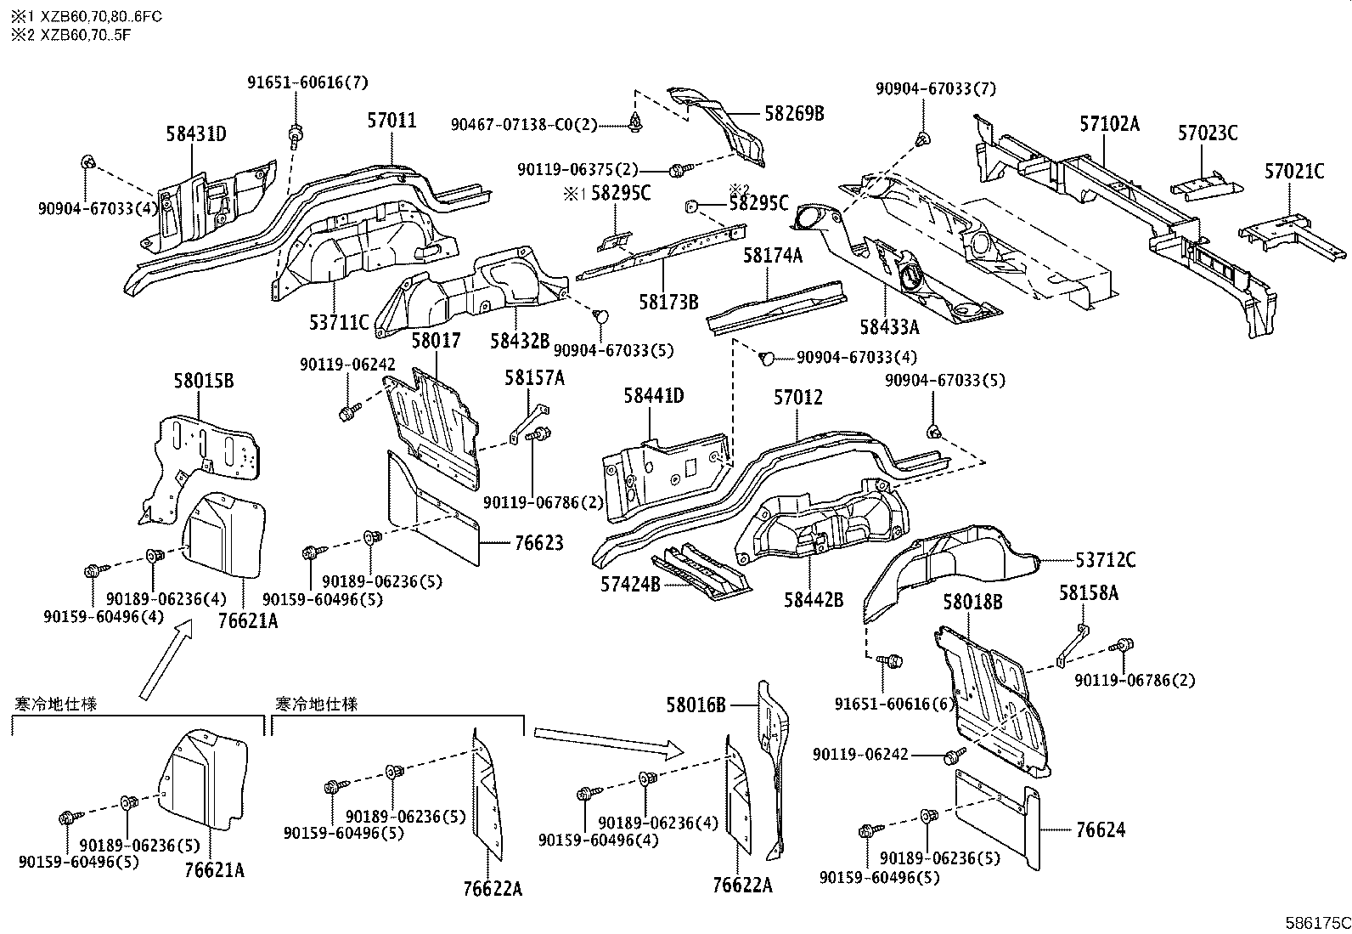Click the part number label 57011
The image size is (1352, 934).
[392, 121]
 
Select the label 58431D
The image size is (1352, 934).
[195, 133]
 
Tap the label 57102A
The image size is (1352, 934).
[1109, 124]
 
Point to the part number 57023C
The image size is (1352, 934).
[1207, 133]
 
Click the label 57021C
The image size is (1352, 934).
[1293, 172]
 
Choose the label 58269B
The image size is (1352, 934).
[794, 113]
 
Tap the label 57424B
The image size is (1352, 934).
[630, 584]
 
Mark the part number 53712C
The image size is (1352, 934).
[1105, 560]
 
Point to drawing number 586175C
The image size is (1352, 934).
[1316, 922]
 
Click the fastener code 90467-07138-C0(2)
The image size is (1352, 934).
[523, 125]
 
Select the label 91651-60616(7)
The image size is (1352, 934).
[308, 82]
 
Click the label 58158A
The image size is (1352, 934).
[1088, 593]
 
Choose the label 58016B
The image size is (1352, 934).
[696, 705]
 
